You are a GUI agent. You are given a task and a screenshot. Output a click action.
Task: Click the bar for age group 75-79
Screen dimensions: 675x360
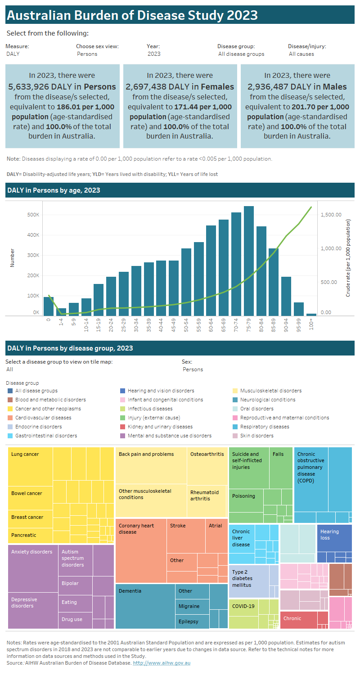pyautogui.click(x=249, y=261)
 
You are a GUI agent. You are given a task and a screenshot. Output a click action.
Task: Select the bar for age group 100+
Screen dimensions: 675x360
pyautogui.click(x=311, y=314)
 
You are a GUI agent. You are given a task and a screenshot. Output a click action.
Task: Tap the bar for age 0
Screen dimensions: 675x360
pyautogui.click(x=49, y=306)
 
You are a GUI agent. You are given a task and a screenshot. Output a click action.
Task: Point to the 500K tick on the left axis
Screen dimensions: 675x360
pyautogui.click(x=33, y=215)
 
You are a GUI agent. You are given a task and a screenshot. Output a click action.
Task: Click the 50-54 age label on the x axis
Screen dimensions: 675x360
pyautogui.click(x=186, y=325)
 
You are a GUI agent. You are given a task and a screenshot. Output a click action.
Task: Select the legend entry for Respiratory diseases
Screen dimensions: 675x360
pyautogui.click(x=264, y=427)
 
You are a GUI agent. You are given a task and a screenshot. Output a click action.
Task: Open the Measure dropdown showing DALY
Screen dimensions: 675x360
pyautogui.click(x=13, y=54)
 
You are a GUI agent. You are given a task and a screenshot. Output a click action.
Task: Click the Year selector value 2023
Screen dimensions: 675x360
pyautogui.click(x=154, y=54)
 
